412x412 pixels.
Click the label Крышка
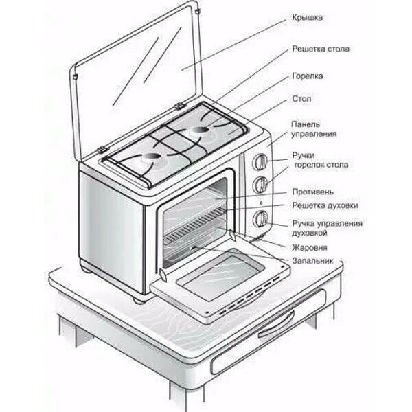(x=307, y=15)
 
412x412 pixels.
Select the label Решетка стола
(x=321, y=49)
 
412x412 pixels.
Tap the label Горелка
(x=307, y=76)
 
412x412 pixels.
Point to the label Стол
(x=301, y=100)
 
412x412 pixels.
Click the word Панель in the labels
(x=305, y=124)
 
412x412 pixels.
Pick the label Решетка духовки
(x=324, y=205)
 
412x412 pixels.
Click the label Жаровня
(x=308, y=246)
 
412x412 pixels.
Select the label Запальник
(x=312, y=262)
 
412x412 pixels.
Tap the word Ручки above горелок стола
(x=303, y=156)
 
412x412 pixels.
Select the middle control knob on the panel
(x=261, y=185)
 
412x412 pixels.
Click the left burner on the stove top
(x=150, y=162)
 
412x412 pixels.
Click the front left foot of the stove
(x=138, y=299)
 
